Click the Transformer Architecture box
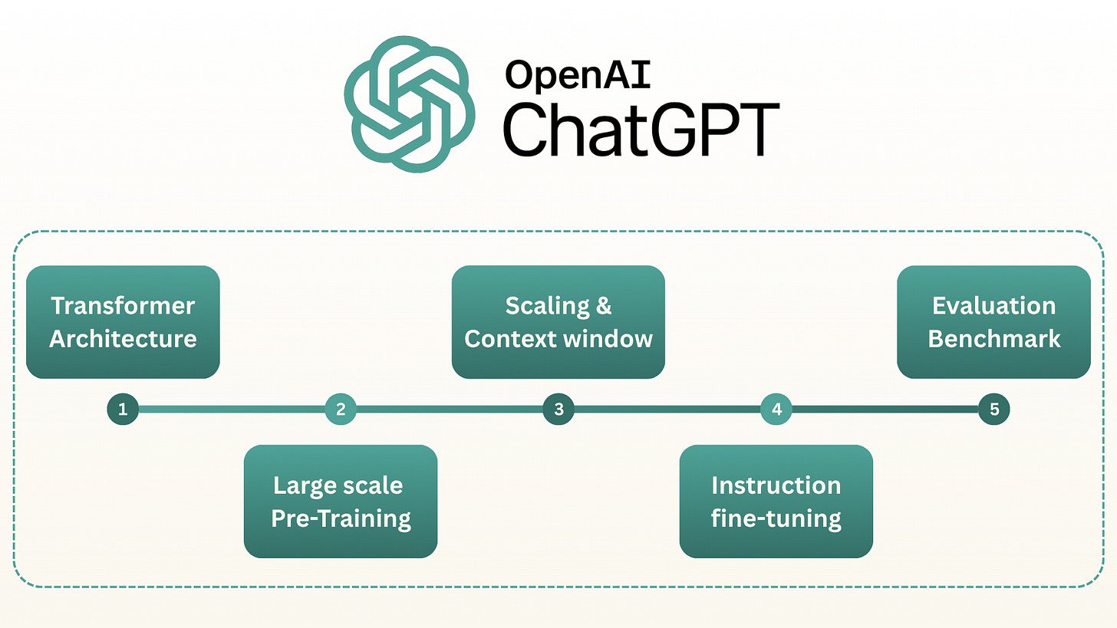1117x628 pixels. click(123, 322)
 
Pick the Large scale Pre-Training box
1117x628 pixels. click(341, 501)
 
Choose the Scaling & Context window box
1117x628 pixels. click(558, 322)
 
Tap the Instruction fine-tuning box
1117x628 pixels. click(776, 501)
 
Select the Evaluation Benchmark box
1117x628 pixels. click(994, 322)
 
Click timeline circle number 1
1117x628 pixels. click(123, 409)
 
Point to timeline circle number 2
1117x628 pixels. click(341, 409)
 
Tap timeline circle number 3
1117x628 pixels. click(558, 409)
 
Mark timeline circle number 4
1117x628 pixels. click(776, 409)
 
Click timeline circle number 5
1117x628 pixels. click(994, 409)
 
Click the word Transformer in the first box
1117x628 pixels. click(123, 306)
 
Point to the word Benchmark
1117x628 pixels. click(994, 338)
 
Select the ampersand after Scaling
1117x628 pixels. click(604, 306)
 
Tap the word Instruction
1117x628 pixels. click(776, 485)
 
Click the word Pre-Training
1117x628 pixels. click(341, 518)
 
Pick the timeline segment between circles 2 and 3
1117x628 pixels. click(450, 409)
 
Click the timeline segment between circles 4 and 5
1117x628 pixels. click(885, 409)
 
